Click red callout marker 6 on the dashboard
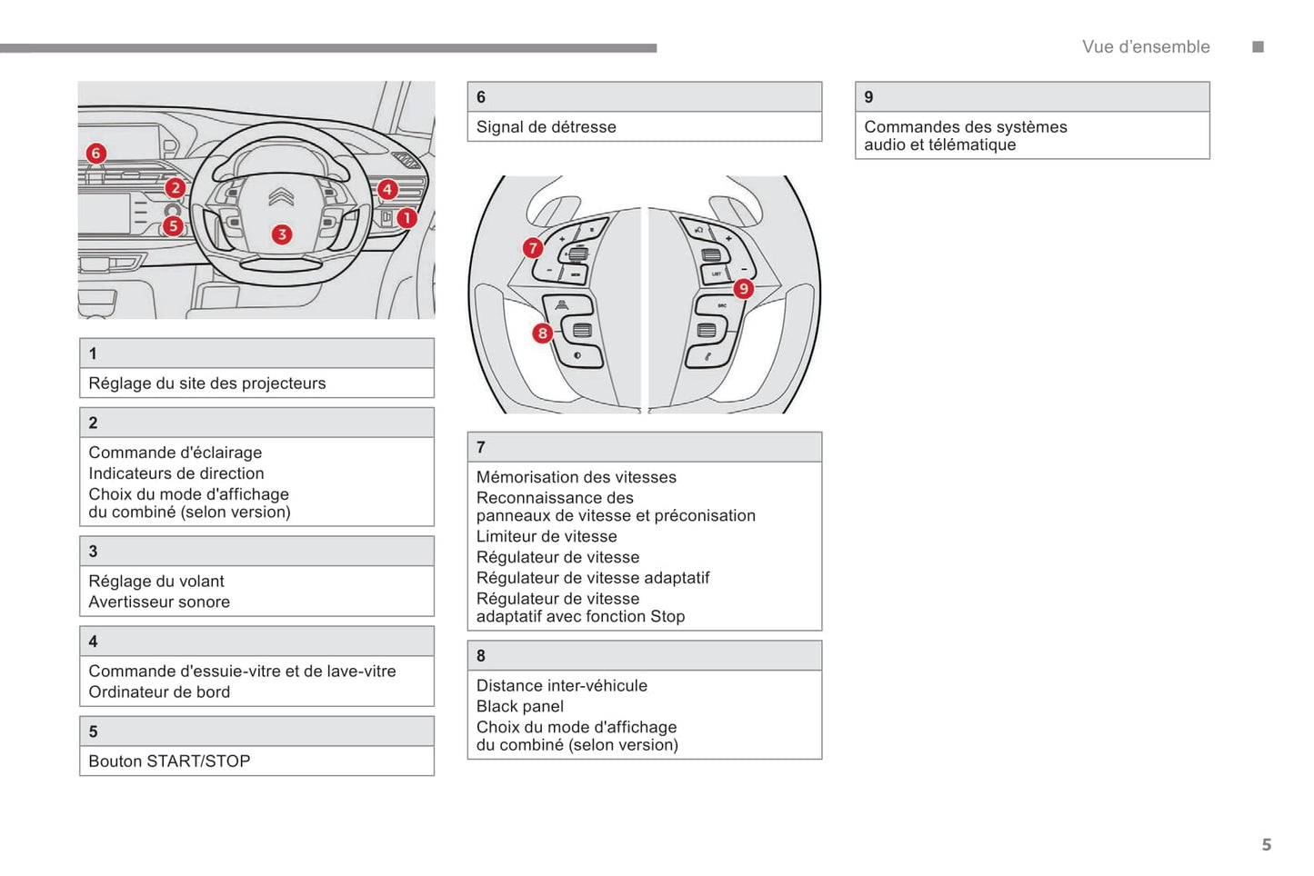(x=95, y=154)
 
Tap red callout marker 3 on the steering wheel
(x=282, y=234)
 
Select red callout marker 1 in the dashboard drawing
(x=406, y=218)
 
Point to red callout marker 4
(x=387, y=189)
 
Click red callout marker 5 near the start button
(x=173, y=225)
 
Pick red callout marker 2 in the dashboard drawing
(x=175, y=188)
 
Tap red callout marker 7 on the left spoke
(x=533, y=248)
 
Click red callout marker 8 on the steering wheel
(x=542, y=333)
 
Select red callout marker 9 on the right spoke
(x=743, y=289)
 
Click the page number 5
(x=1266, y=845)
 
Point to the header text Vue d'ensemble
(x=1146, y=47)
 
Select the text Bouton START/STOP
(x=169, y=762)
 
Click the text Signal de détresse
(x=546, y=127)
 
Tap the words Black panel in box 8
(x=520, y=706)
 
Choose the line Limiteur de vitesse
(x=547, y=536)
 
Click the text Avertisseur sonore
(x=159, y=602)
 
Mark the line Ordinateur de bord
(x=159, y=692)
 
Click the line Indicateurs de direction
(x=176, y=473)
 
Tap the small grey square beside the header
(x=1258, y=47)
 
